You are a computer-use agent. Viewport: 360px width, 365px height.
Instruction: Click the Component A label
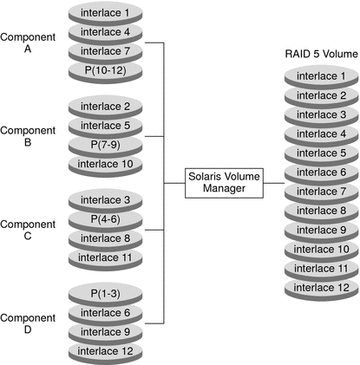(28, 42)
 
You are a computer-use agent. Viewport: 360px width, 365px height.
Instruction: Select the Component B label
(28, 137)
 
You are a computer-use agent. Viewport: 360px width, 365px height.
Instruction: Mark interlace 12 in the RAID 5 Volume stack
(319, 288)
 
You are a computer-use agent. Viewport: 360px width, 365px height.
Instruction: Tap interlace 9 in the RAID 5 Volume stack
(319, 231)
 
